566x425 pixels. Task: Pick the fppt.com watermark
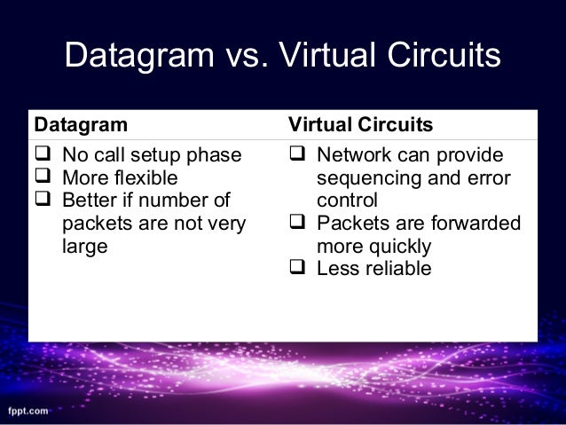click(29, 412)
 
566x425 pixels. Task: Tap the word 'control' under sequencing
click(347, 200)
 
